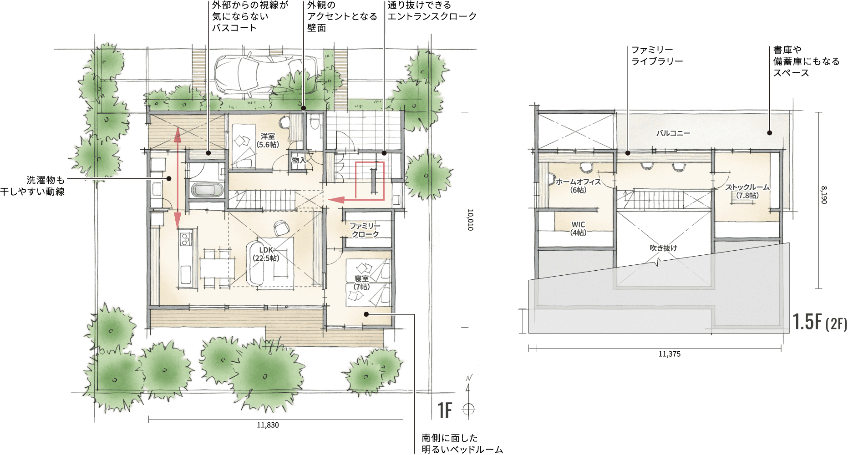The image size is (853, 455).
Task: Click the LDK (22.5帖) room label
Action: click(x=266, y=254)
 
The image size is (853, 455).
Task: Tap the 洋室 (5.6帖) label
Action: click(x=268, y=141)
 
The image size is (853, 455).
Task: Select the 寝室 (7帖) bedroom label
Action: click(x=362, y=283)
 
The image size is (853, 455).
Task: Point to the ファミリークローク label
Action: click(x=365, y=230)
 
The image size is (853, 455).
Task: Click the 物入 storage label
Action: click(x=299, y=160)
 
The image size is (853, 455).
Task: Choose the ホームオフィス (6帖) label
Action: click(x=578, y=186)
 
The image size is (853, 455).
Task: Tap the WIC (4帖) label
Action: click(x=578, y=228)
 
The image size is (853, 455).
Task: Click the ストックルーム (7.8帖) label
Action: click(x=747, y=191)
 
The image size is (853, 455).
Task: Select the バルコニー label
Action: click(x=673, y=133)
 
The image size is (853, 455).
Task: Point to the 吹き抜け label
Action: click(x=663, y=248)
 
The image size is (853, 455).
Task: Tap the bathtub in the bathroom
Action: click(x=207, y=190)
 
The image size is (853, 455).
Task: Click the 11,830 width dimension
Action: click(x=268, y=425)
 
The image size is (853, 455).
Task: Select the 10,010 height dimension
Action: click(x=470, y=220)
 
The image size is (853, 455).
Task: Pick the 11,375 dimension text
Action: click(x=670, y=354)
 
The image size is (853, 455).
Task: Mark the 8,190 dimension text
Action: click(x=824, y=195)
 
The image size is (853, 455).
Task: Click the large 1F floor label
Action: click(x=445, y=410)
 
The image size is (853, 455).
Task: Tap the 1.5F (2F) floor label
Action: click(x=820, y=322)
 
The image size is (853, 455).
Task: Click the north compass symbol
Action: click(x=468, y=396)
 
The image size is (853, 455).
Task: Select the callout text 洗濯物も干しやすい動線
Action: click(x=33, y=186)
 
